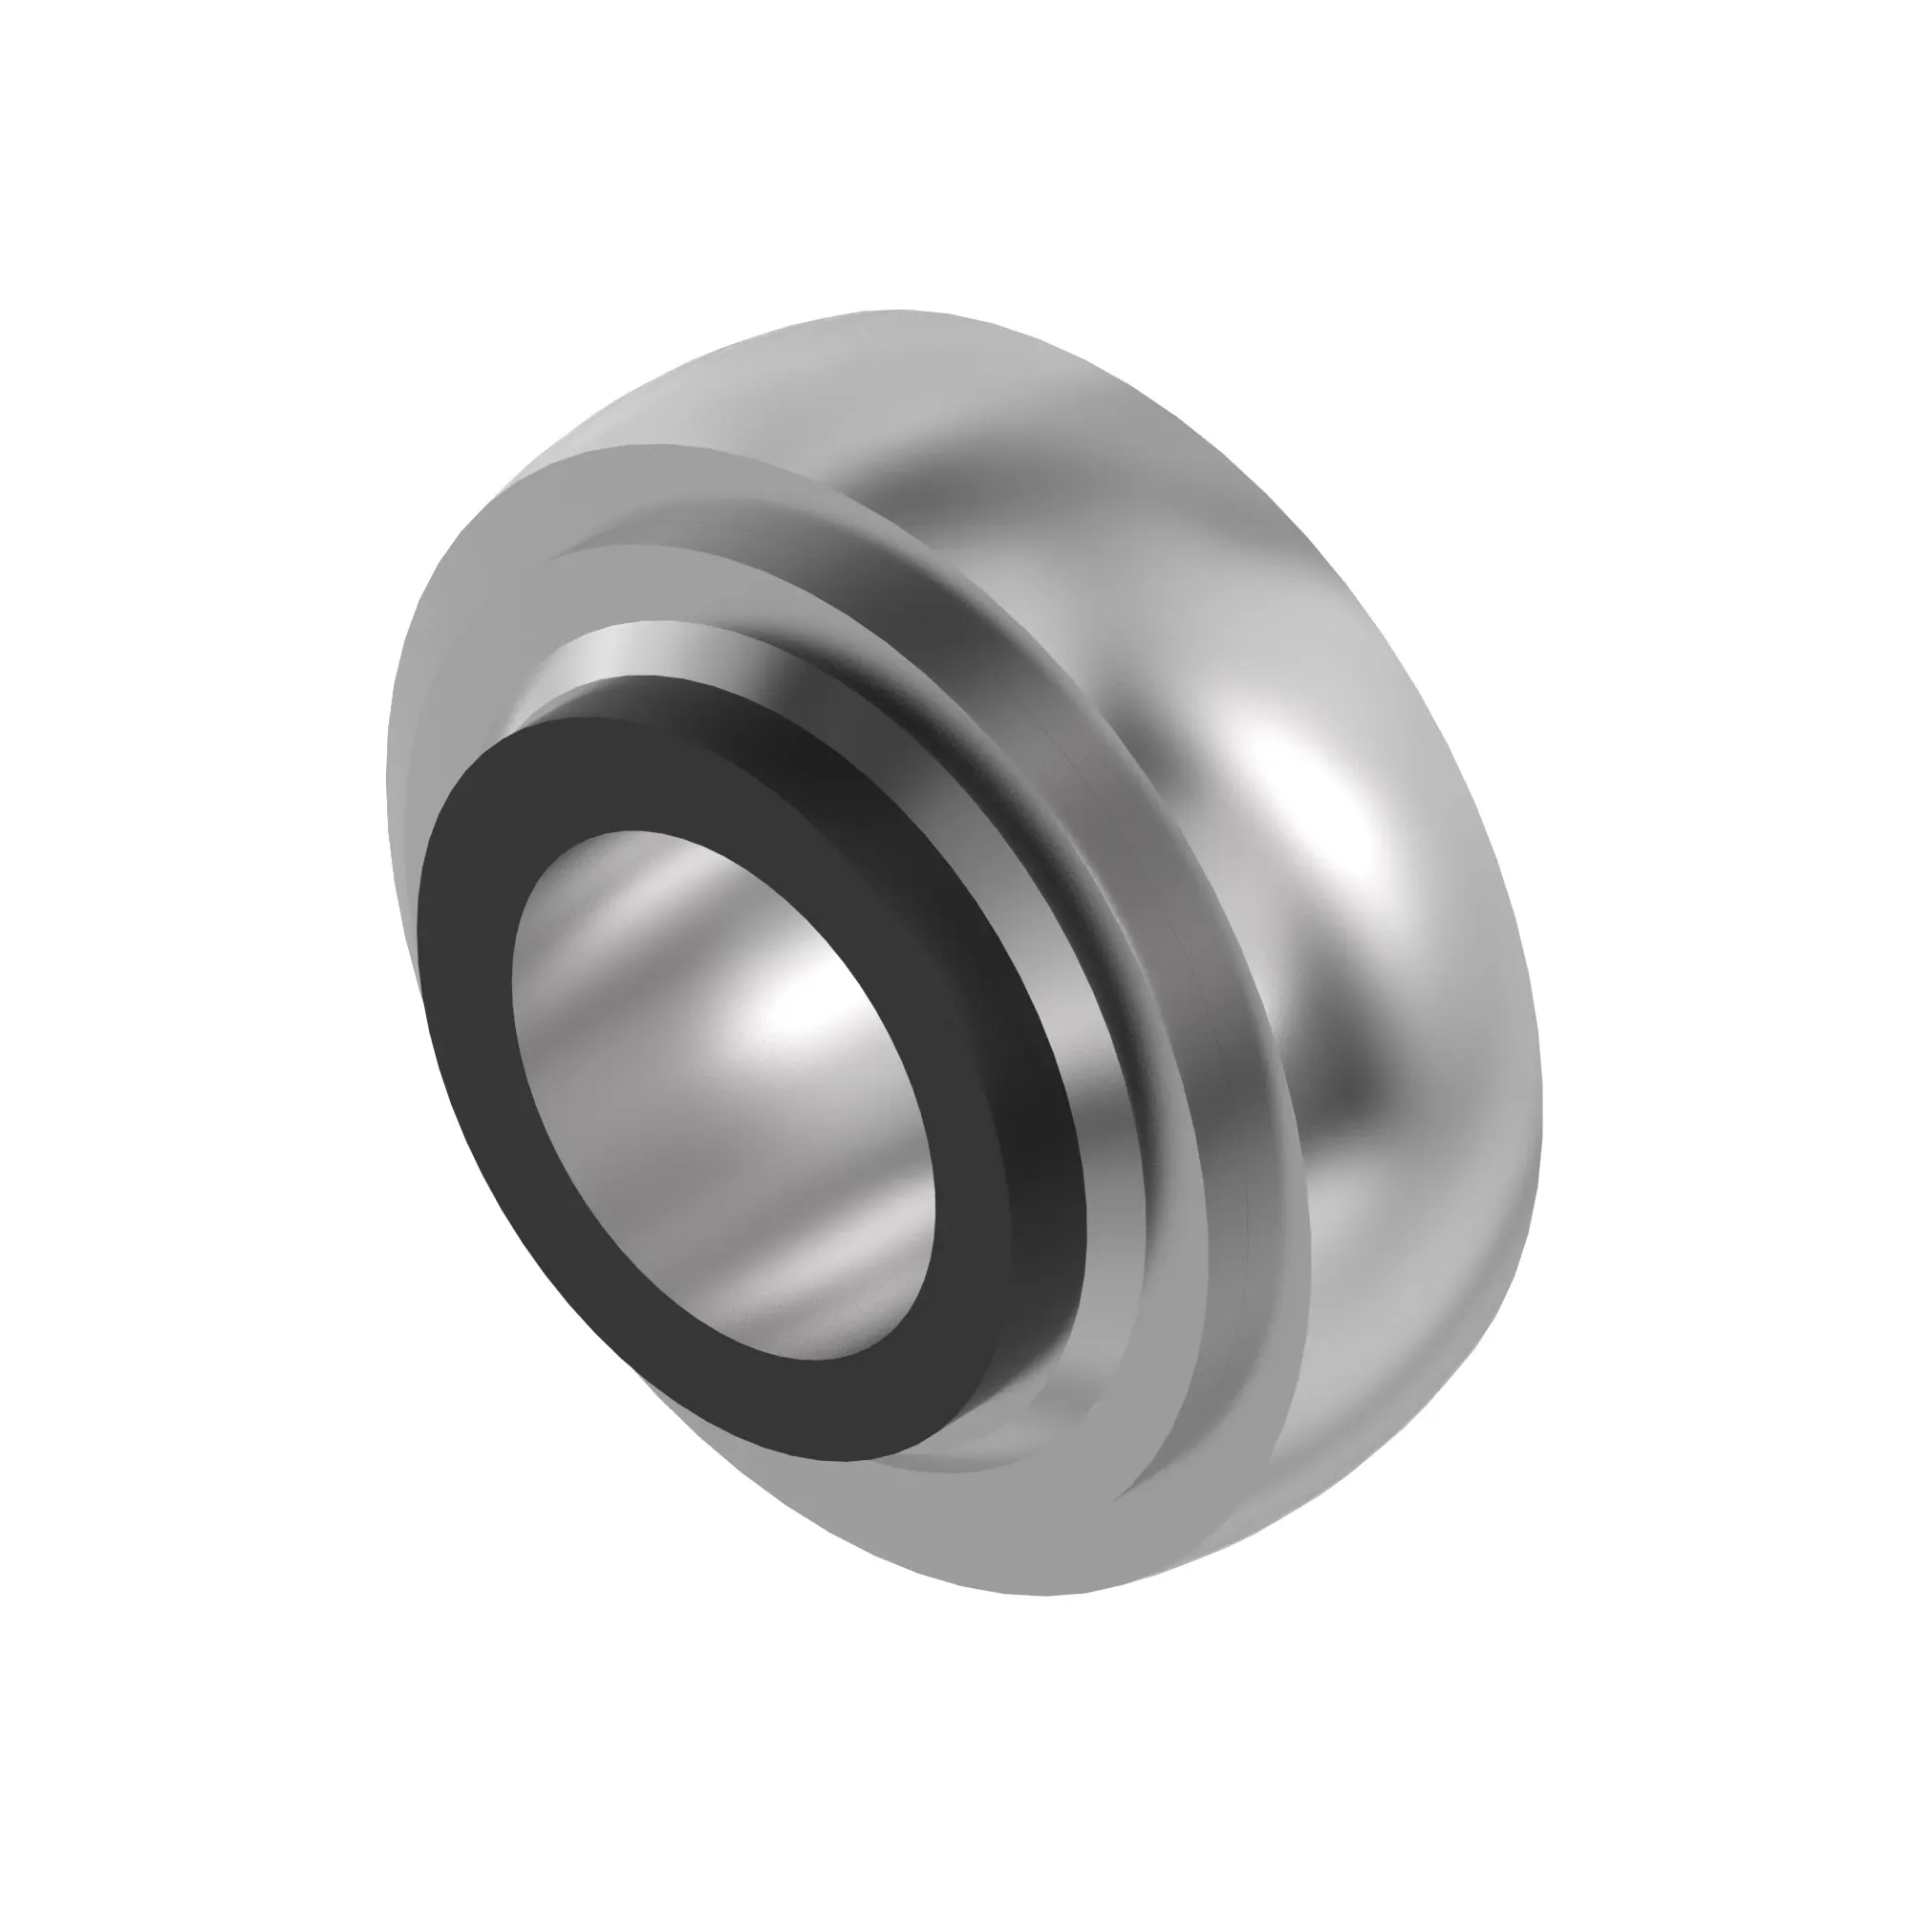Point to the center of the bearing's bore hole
pos(722,1093)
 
